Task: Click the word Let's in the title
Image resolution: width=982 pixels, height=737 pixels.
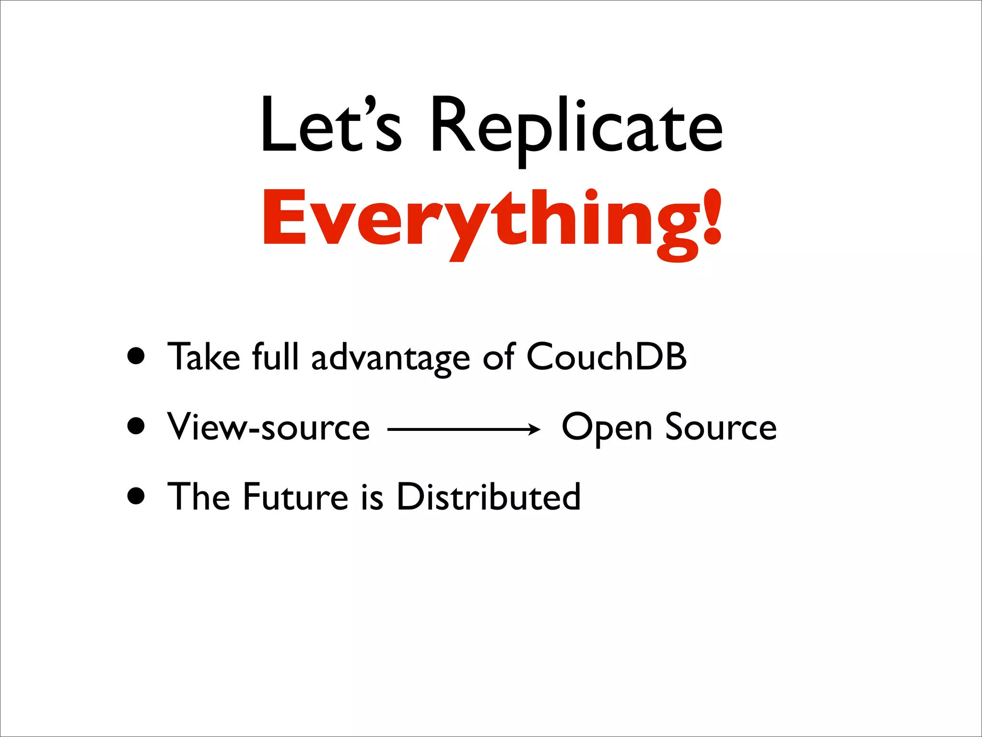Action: point(331,126)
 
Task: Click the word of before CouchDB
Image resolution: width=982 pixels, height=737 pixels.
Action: point(499,357)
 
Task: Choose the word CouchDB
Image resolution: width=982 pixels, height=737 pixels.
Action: point(607,357)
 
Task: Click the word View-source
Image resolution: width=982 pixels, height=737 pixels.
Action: point(269,427)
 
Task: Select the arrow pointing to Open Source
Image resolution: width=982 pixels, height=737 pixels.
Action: point(464,429)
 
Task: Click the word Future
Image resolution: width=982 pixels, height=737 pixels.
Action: point(295,497)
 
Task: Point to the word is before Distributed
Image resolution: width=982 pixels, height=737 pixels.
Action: point(372,497)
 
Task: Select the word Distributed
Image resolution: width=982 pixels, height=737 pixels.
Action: point(489,497)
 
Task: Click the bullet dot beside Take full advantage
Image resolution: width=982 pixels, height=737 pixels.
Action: point(137,357)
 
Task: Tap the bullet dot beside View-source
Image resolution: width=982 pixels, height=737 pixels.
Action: point(137,426)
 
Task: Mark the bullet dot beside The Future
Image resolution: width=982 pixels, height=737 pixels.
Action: point(137,496)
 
